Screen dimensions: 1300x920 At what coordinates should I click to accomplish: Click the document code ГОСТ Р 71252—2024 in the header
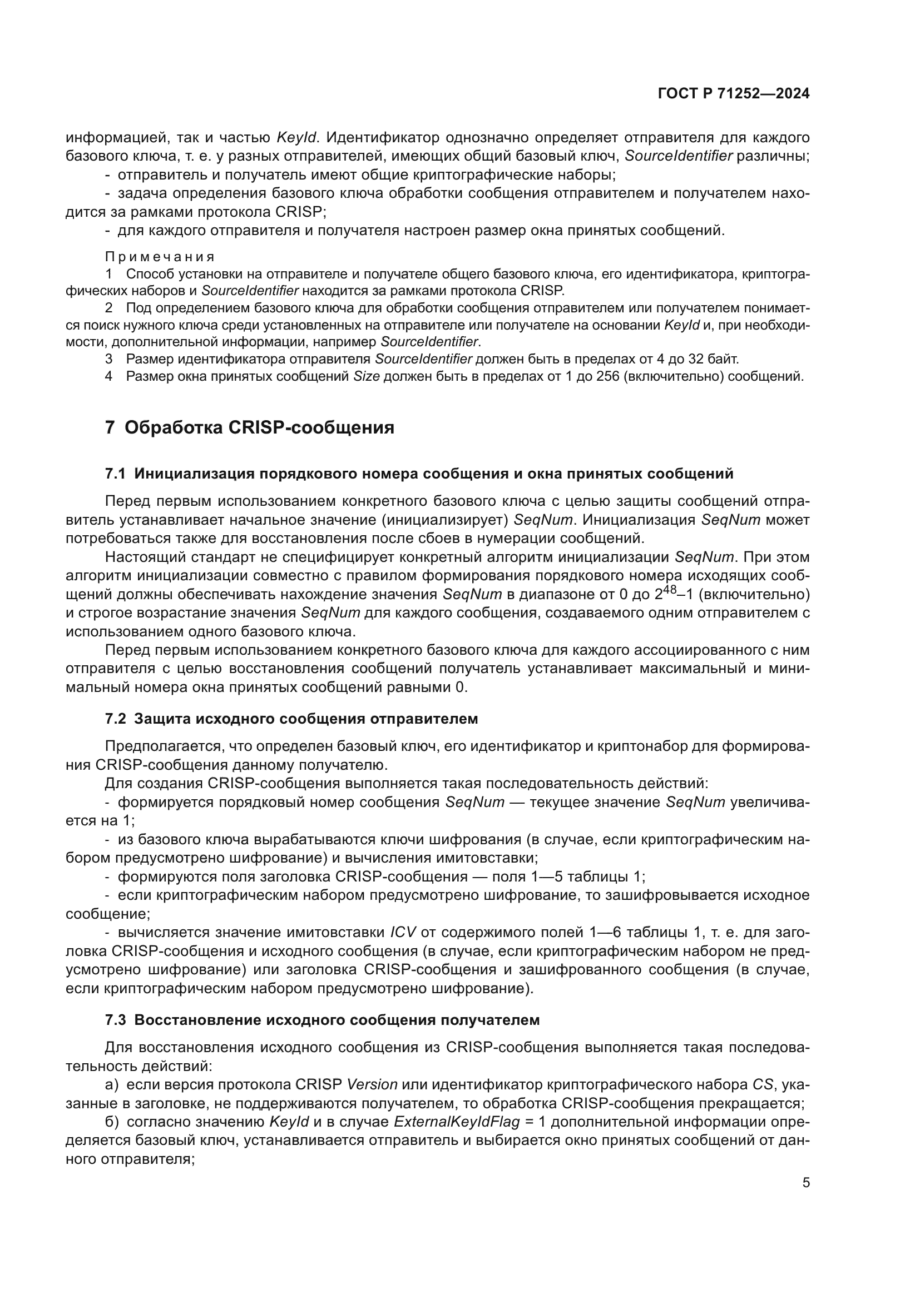[x=733, y=94]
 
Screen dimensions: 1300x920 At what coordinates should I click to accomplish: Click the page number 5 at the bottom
[x=805, y=1183]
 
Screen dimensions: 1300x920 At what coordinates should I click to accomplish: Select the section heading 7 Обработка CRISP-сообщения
[x=250, y=427]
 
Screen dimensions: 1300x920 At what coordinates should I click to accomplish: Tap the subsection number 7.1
[x=115, y=474]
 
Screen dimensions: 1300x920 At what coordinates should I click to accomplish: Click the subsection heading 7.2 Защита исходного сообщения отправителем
[x=292, y=719]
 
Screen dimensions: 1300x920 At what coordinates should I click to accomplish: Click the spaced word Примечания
[x=160, y=257]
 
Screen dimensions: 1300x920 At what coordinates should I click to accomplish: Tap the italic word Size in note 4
[x=366, y=376]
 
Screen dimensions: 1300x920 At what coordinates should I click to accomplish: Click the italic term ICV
[x=403, y=932]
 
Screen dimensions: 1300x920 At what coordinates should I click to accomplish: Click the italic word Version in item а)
[x=372, y=1084]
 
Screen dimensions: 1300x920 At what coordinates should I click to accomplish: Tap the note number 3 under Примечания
[x=109, y=359]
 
